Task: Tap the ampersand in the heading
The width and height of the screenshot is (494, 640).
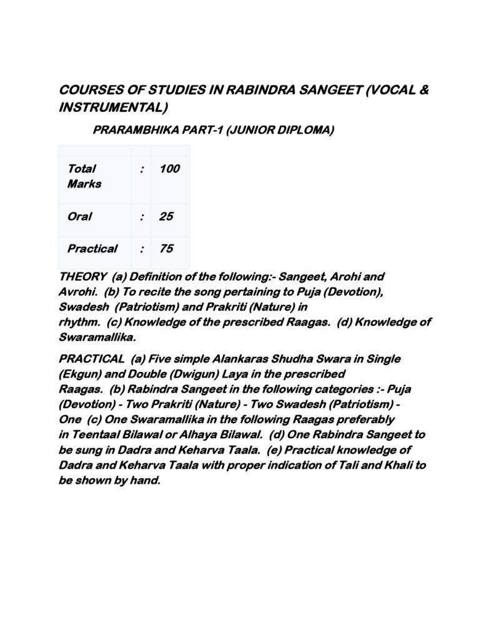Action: (x=422, y=90)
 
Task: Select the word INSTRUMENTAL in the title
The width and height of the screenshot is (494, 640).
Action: (x=113, y=107)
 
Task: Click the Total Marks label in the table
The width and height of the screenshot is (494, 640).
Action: (x=84, y=176)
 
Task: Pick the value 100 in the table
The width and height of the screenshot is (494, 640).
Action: (x=169, y=168)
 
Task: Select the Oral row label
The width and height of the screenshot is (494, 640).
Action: (x=79, y=216)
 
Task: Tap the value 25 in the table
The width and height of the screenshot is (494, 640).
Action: (x=166, y=216)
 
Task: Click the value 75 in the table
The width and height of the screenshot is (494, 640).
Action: (x=166, y=249)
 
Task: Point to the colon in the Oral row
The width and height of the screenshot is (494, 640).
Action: (x=142, y=216)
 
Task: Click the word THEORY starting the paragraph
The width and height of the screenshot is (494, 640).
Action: (x=82, y=276)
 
